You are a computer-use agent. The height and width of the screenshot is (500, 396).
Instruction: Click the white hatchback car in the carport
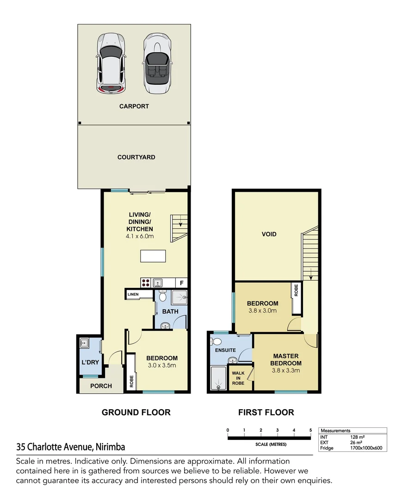click(111, 63)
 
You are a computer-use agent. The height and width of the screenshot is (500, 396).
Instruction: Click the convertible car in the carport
click(157, 63)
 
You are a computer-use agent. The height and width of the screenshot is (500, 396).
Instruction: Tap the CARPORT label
click(134, 106)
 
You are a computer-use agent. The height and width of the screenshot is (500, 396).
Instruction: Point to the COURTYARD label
click(136, 157)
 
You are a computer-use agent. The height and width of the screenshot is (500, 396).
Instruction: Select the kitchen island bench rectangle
click(153, 256)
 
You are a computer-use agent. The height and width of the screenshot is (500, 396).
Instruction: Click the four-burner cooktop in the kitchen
click(146, 283)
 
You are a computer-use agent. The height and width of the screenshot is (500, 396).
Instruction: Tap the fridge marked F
click(182, 283)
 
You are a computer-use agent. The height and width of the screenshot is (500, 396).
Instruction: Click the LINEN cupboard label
click(133, 294)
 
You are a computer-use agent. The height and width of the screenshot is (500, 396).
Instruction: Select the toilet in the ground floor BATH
click(162, 296)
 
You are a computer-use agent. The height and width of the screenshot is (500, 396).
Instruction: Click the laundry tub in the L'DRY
click(84, 343)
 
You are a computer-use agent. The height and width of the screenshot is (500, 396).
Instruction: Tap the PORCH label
click(101, 386)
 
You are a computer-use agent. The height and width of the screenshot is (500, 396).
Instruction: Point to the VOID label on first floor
click(269, 234)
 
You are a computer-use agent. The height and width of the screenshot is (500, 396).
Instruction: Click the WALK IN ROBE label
click(238, 378)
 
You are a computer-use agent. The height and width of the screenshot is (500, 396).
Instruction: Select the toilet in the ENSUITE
click(216, 342)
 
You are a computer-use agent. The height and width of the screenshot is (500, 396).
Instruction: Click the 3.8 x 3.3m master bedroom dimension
click(286, 370)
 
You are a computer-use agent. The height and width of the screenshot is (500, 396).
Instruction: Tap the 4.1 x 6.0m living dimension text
click(140, 236)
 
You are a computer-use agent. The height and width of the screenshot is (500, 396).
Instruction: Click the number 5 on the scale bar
click(310, 430)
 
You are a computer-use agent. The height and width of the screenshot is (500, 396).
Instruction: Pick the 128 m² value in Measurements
click(357, 437)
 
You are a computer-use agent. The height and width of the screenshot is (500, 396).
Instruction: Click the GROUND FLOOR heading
click(136, 412)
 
